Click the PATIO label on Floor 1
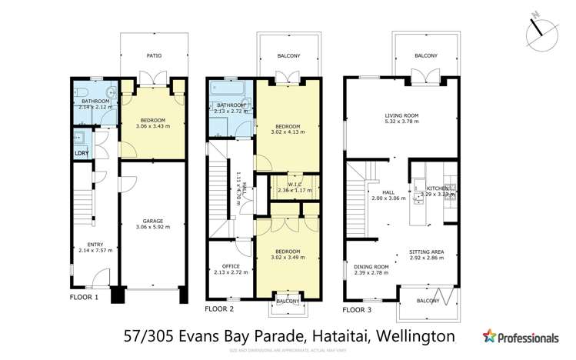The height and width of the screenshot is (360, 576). (x=154, y=55)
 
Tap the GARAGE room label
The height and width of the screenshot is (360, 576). (x=152, y=220)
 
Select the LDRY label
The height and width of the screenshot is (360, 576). (x=81, y=154)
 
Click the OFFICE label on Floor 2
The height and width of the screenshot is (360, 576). (x=220, y=267)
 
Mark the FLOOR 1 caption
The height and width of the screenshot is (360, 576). (x=85, y=297)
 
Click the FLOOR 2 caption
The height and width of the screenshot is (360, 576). (x=220, y=308)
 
